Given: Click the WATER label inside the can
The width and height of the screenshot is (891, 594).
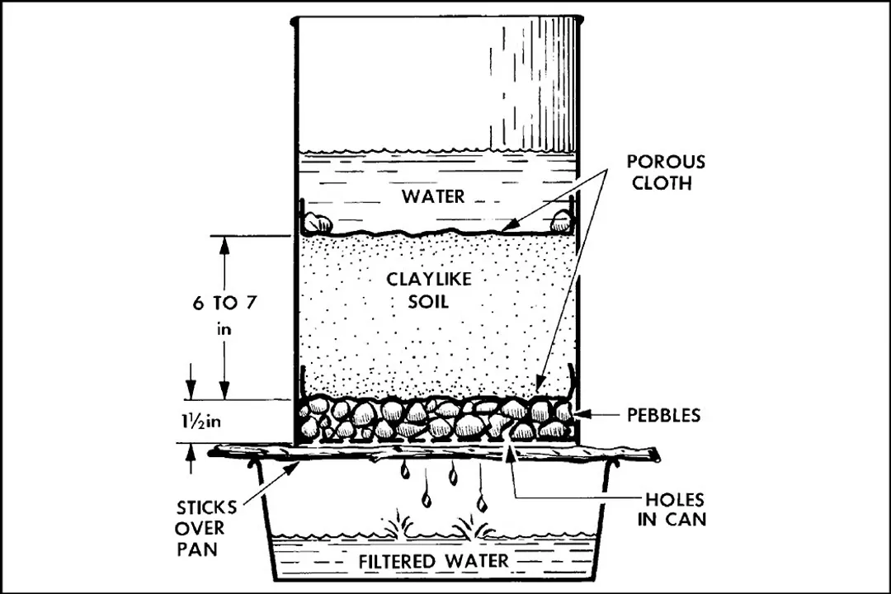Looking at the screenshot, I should point(433,196).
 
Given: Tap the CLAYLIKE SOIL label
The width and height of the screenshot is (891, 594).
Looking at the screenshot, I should point(429,290).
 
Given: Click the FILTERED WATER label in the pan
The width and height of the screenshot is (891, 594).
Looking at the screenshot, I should point(432,563).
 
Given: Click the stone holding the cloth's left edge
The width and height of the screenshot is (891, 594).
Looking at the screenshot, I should point(318,222).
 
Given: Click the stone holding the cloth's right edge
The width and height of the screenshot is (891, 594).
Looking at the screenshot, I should point(561,220).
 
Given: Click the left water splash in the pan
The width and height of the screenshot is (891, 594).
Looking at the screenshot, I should point(395,526).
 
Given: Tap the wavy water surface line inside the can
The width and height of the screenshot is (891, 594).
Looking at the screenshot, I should point(433,153).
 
